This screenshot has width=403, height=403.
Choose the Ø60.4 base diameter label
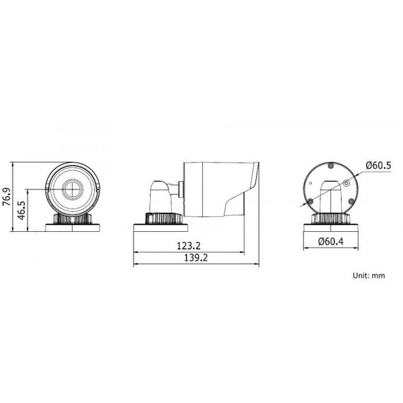tap(331, 242)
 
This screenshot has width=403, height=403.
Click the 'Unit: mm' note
tap(368, 276)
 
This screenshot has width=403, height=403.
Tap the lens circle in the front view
tap(73, 189)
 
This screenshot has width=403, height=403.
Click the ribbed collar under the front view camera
tap(73, 218)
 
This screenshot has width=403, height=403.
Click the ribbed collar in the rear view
tap(330, 218)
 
